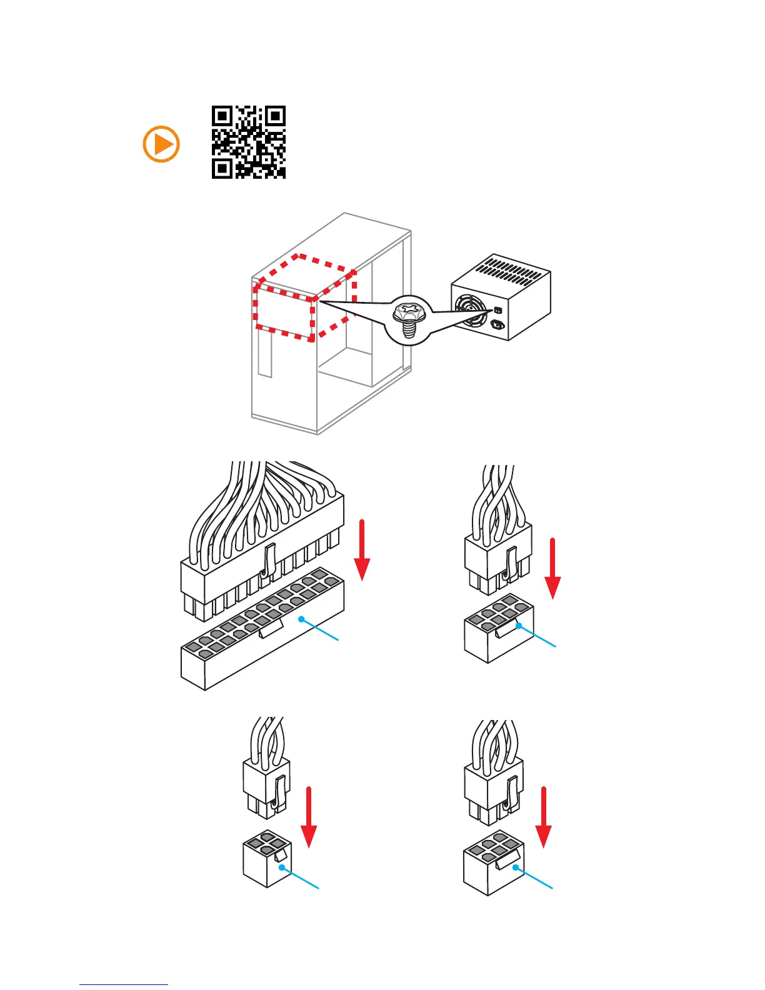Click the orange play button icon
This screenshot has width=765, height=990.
(161, 144)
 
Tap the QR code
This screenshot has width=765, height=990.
(248, 142)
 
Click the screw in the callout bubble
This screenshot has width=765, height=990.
(409, 318)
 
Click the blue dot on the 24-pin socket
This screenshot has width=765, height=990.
(301, 619)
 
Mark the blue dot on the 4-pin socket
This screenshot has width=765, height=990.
(282, 867)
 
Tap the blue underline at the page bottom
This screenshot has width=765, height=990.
(124, 984)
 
